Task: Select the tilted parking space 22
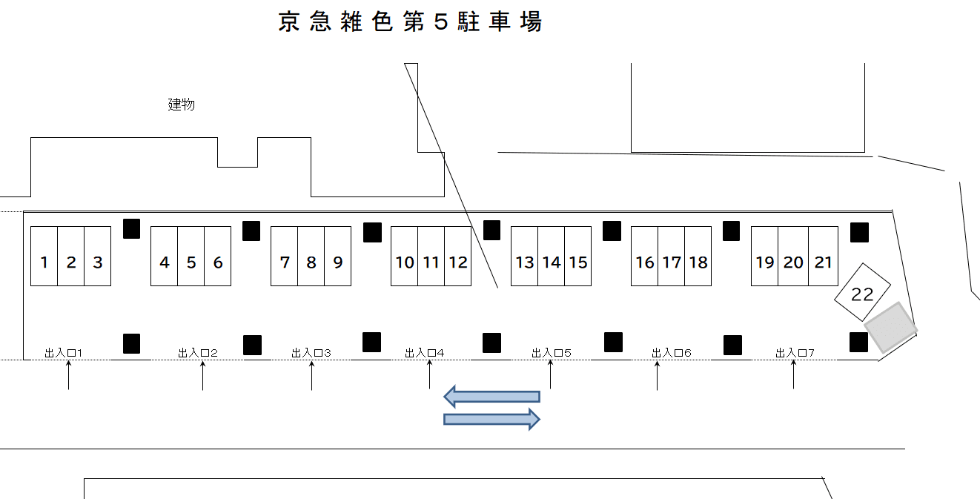pos(862,294)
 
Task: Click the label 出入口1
pos(64,353)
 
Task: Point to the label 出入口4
pos(425,353)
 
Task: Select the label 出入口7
pos(795,353)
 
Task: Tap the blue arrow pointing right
pos(491,420)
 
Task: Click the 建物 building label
pos(182,105)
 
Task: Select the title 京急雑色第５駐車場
pos(410,22)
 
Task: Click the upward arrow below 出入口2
pos(202,376)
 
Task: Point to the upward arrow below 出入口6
pos(657,376)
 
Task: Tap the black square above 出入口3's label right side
pos(371,342)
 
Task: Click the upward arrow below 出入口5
pos(550,376)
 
